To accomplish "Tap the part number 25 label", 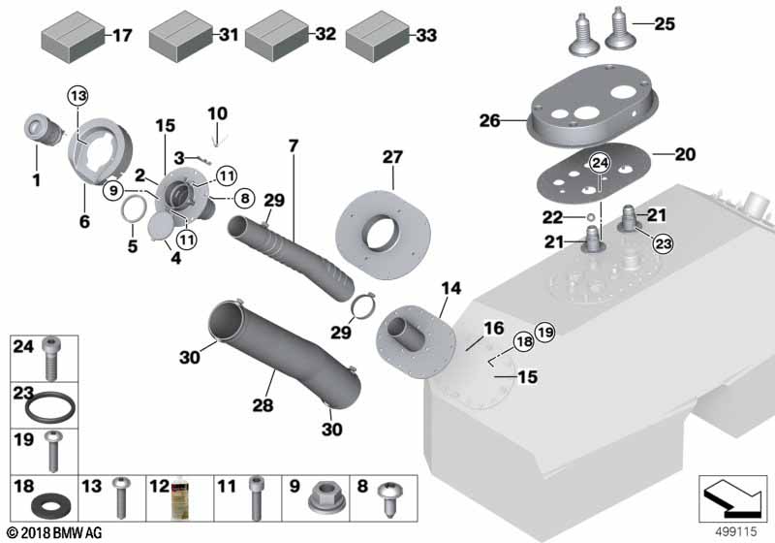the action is tap(664, 23).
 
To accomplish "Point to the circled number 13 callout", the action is tap(77, 95).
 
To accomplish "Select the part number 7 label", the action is tap(294, 146).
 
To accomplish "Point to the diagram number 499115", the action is tap(737, 531).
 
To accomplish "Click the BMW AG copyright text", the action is tap(57, 532).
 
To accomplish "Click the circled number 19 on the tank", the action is tap(544, 333).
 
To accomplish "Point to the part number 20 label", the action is tap(686, 154).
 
